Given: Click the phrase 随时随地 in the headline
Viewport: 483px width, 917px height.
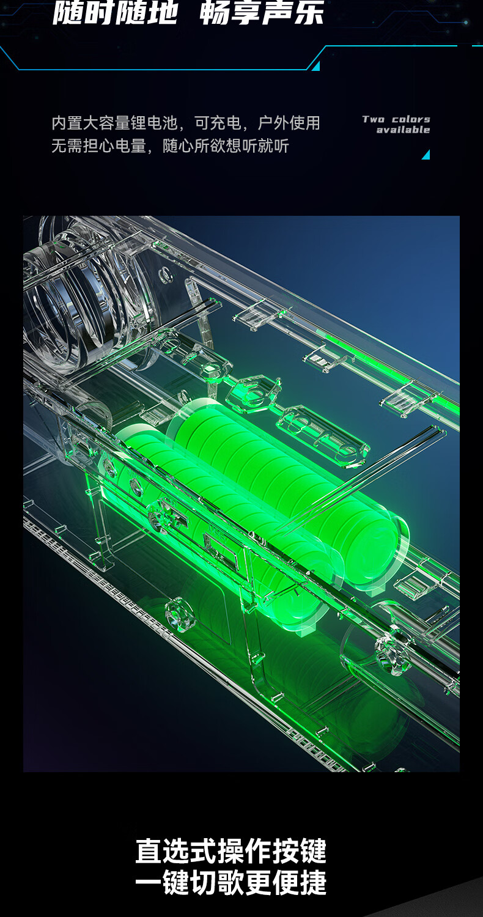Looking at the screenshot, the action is (116, 12).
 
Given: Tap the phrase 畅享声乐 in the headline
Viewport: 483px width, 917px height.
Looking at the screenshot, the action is (262, 12).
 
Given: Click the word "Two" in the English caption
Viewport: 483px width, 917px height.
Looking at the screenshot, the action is (374, 120).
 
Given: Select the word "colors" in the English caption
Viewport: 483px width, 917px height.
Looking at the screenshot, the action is (411, 120).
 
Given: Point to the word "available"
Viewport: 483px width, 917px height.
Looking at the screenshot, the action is (403, 130).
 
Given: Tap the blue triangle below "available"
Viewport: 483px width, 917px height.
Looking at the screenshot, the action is (427, 155).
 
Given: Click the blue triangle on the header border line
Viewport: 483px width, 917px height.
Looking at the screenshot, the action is (317, 66).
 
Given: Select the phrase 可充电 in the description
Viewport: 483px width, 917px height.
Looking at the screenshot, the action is (218, 123).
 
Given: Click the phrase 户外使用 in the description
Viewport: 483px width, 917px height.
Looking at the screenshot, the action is (289, 123).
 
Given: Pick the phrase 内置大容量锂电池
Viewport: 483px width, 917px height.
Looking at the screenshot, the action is (114, 123).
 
